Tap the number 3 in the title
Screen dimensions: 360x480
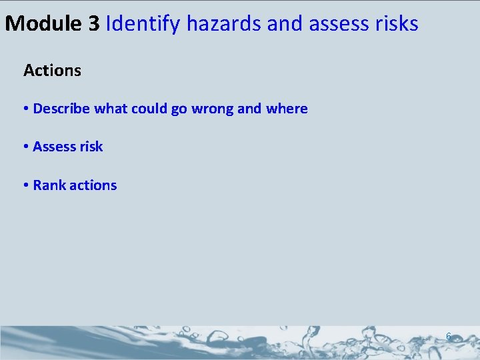pos(93,23)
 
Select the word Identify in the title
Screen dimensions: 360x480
pos(143,24)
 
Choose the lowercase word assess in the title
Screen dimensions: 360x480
pos(339,25)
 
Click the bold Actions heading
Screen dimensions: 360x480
pos(52,70)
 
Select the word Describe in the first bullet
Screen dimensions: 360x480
pos(61,108)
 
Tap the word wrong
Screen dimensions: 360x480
pos(212,109)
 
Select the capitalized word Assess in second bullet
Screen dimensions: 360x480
pos(54,147)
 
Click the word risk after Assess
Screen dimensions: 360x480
pos(91,147)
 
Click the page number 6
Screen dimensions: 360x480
pos(448,337)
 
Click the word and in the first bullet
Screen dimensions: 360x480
pos(249,108)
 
